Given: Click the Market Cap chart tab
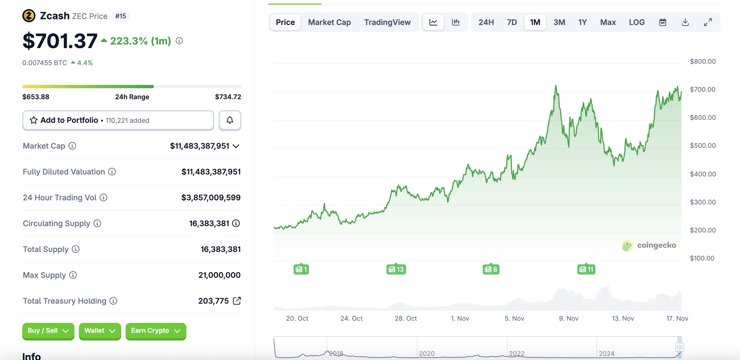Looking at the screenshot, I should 329,22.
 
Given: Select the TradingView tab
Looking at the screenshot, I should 387,22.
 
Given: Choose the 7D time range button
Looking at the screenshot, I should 512,22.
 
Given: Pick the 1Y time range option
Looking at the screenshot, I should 582,22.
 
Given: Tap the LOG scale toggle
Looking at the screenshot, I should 637,22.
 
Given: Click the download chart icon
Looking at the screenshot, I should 685,22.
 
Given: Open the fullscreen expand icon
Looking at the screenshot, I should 708,22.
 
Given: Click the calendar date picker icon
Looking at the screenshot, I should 662,22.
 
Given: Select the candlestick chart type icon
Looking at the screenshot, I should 456,22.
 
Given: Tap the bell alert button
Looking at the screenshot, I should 230,120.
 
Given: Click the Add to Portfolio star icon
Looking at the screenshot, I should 34,120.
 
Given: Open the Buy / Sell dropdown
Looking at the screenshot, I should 48,331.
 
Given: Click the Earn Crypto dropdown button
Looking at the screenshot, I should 156,331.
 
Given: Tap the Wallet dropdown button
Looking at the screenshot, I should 100,331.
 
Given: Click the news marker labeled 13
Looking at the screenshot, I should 396,269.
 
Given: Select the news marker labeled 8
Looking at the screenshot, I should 491,269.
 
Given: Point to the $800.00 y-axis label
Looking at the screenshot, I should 703,62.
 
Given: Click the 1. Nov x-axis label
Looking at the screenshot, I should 460,319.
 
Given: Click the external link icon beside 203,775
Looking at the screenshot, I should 237,301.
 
